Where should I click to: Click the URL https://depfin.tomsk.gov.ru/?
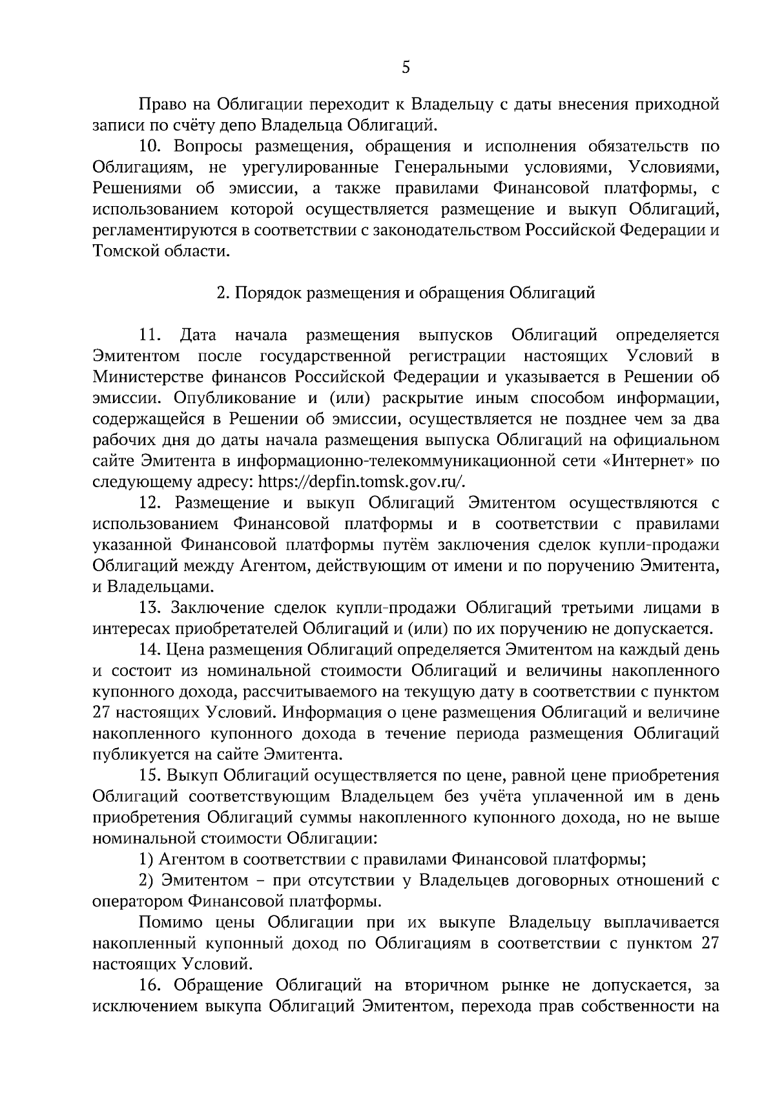click(x=361, y=482)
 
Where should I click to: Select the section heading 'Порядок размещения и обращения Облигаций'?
click(x=405, y=293)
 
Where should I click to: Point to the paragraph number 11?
click(x=149, y=335)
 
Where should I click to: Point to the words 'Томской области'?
click(x=161, y=251)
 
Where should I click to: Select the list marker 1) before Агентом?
click(x=145, y=859)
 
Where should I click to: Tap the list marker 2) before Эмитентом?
click(x=146, y=880)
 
